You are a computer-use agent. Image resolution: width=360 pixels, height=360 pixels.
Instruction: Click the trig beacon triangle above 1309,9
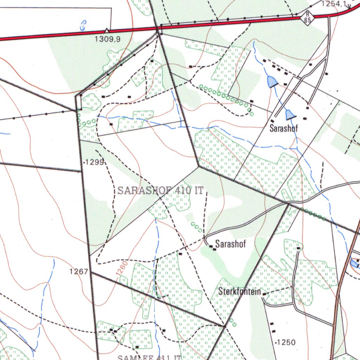(107, 31)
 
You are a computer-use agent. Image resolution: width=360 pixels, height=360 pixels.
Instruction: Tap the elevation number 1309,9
(108, 39)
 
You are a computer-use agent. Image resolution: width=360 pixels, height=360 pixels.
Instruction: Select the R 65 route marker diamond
(308, 17)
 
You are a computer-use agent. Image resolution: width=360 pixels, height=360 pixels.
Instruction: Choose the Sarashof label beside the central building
(231, 244)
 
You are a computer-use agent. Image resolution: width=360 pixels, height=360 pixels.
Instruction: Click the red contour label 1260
(121, 270)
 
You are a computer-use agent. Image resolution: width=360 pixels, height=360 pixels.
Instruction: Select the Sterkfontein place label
(240, 291)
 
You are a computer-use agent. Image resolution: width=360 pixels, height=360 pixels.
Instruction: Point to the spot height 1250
(287, 342)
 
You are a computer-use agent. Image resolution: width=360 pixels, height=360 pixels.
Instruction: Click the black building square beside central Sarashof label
(211, 247)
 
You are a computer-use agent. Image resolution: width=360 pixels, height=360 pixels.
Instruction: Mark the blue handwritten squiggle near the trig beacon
(83, 25)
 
